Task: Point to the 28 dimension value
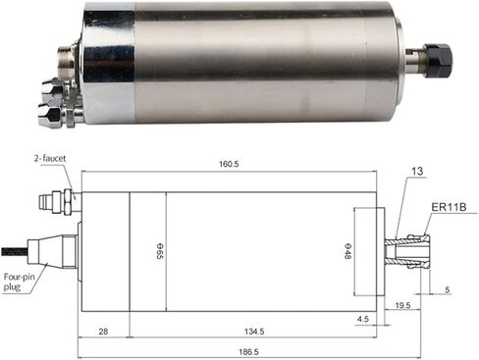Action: [x=103, y=333]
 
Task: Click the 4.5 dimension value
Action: [x=362, y=318]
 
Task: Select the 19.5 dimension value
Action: [x=402, y=306]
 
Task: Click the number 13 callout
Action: [x=417, y=172]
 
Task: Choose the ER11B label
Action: [x=448, y=207]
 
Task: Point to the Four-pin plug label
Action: [x=19, y=282]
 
